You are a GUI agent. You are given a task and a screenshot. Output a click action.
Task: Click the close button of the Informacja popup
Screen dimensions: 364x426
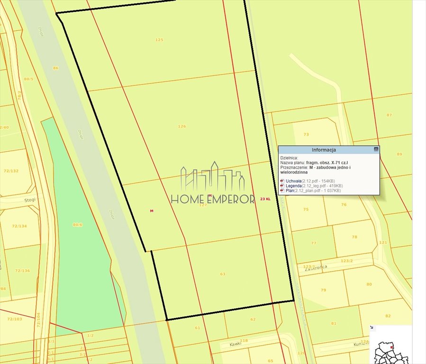[376, 149]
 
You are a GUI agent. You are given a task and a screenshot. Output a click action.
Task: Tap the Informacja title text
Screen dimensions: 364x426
[324, 150]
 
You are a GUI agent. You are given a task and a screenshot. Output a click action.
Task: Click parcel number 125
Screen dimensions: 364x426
[159, 40]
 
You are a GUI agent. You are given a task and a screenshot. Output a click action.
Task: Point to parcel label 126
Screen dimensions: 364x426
[182, 127]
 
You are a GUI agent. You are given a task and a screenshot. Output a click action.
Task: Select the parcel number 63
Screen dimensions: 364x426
[223, 274]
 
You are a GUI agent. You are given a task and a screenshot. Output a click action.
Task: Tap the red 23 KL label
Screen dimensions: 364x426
[265, 199]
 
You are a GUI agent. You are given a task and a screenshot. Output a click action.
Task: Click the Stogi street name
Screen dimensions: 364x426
[30, 200]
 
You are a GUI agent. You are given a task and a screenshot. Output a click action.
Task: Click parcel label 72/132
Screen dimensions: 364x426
[11, 171]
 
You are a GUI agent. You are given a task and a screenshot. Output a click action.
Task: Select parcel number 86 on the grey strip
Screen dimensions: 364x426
[55, 68]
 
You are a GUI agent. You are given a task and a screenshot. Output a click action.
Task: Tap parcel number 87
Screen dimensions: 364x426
[389, 115]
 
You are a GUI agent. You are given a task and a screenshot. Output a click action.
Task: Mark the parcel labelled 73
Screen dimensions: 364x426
[306, 135]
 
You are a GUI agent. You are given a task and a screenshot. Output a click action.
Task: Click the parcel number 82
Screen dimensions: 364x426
[388, 316]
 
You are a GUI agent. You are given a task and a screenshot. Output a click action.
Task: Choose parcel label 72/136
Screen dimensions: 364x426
[22, 271]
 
